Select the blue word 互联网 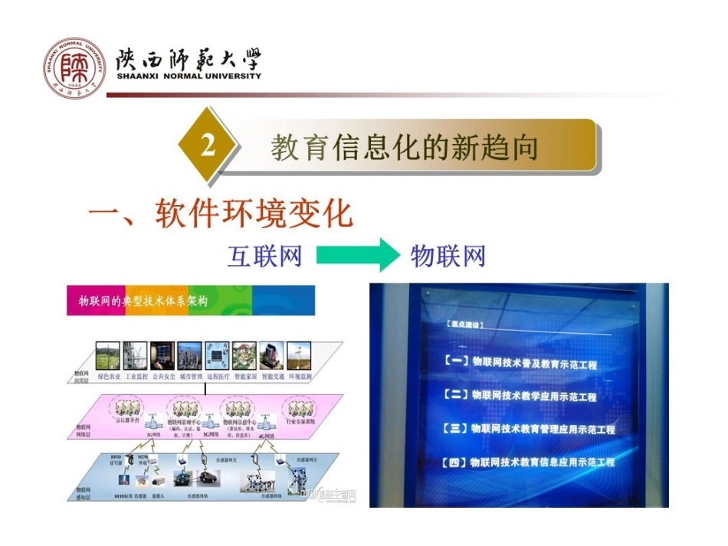click(x=264, y=256)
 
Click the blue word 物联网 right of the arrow click(x=448, y=256)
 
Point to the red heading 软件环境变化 click(x=253, y=214)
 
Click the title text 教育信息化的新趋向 click(x=405, y=147)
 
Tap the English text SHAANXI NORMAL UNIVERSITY click(x=189, y=77)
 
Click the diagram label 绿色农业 click(x=108, y=377)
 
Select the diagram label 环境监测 click(x=300, y=377)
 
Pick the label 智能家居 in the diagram click(x=245, y=377)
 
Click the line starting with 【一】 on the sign click(x=521, y=363)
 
